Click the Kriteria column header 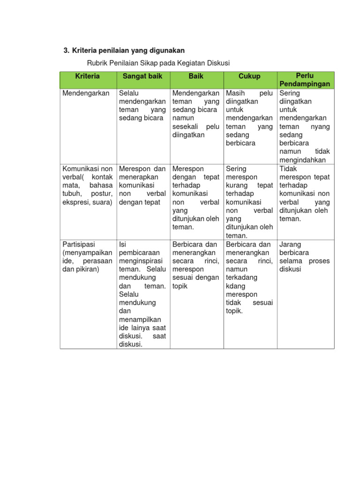coord(88,76)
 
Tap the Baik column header coord(196,76)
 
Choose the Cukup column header coord(249,76)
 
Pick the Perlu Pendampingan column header coord(305,80)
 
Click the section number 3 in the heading coord(66,50)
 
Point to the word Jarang coord(290,244)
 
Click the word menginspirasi coord(141,261)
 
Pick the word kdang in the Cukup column coord(235,286)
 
